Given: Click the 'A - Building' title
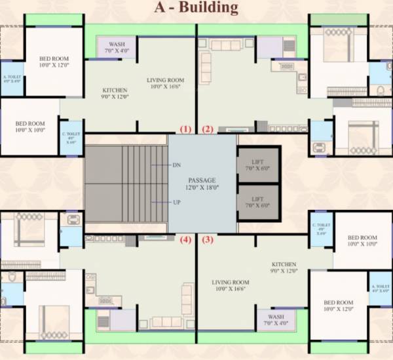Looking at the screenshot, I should pos(196,9).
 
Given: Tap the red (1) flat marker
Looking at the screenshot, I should pos(186,129).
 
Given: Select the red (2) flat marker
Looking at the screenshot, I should pos(208,129).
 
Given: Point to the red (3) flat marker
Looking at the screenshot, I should pos(208,240).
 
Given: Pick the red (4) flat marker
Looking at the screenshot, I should pos(186,240).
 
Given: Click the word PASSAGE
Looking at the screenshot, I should pos(202,180).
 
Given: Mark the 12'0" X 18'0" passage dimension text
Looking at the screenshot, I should pos(202,188).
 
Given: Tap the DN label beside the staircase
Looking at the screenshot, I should pos(176,165).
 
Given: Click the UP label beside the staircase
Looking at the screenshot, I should pos(176,202).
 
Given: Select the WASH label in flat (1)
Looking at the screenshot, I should pos(117,44).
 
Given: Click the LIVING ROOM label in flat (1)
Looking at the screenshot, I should pos(165,80).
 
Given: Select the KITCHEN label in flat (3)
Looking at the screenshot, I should pos(281,264).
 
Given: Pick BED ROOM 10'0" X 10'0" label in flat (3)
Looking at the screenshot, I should pos(362,237).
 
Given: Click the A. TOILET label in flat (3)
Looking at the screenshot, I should pos(381,287).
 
